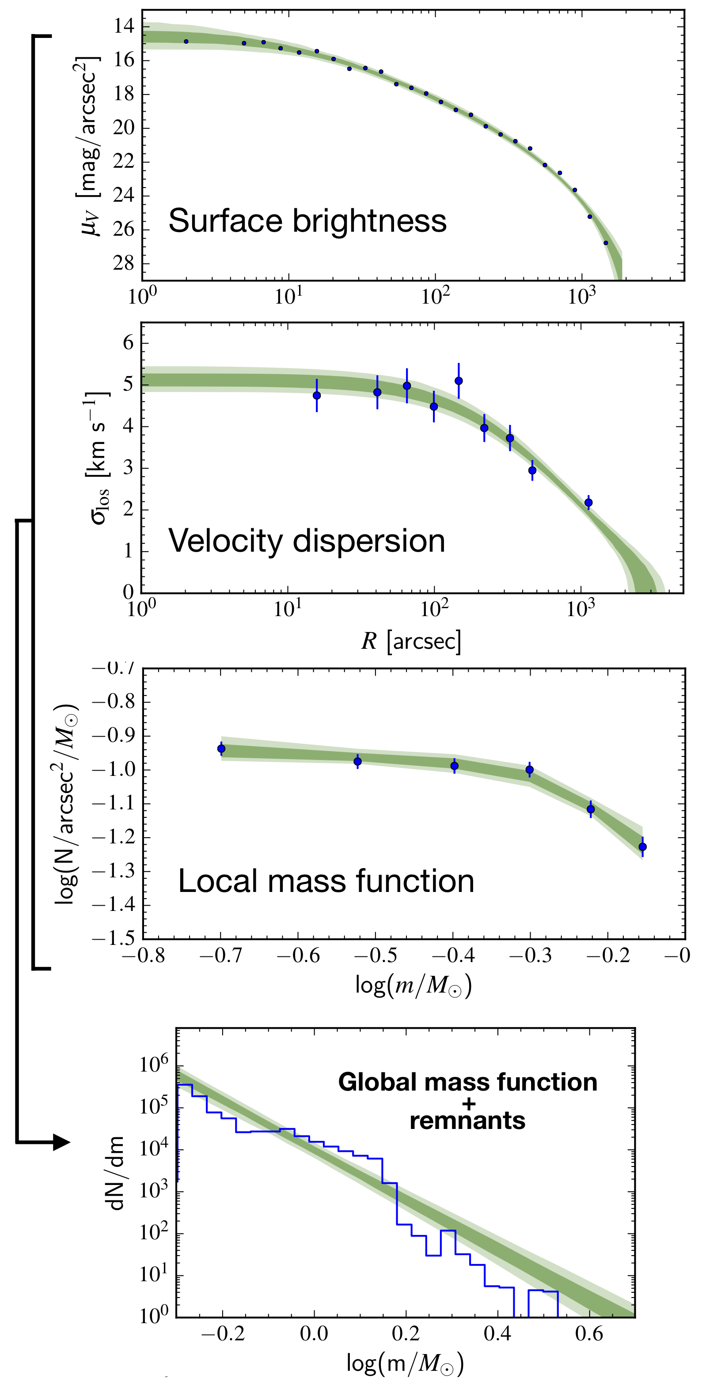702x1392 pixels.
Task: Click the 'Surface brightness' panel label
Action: coord(307,221)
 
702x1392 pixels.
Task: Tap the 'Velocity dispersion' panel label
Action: coord(307,541)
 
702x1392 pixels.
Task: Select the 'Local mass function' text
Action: coord(326,881)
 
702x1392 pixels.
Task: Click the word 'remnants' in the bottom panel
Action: coord(467,1121)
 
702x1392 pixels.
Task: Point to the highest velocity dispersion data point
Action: coord(459,381)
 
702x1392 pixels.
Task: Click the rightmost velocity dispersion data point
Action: coord(588,503)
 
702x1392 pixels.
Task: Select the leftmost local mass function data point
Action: coord(221,749)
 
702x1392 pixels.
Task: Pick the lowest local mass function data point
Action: coord(642,847)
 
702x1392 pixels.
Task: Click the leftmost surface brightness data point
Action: coord(186,41)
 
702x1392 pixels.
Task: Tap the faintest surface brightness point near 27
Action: coord(606,243)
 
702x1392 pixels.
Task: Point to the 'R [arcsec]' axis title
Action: coord(411,641)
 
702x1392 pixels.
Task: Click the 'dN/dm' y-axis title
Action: coord(117,1172)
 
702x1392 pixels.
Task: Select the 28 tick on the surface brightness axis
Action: coord(123,263)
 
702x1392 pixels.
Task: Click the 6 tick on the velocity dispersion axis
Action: coord(128,342)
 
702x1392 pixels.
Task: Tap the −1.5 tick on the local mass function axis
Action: coord(114,939)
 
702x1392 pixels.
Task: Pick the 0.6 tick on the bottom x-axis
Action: coord(589,1334)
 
